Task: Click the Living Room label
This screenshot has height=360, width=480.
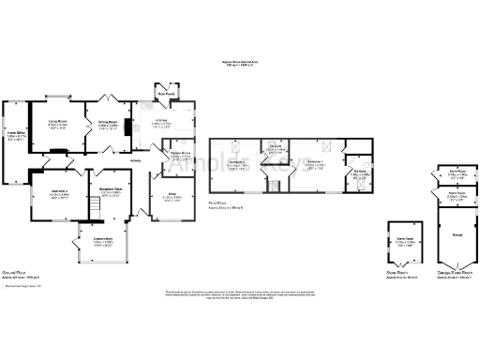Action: (x=57, y=122)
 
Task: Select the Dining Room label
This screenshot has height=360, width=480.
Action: (x=108, y=122)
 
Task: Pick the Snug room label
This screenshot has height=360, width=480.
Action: (x=172, y=197)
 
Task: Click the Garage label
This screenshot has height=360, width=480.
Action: (x=457, y=234)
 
